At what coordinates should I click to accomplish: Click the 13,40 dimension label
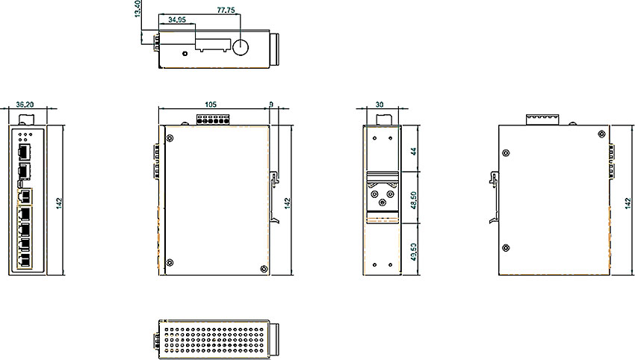[x=137, y=13]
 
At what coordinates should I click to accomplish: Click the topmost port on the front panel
[x=23, y=152]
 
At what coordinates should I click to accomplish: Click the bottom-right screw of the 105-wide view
[x=262, y=269]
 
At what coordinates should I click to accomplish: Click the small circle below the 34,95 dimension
[x=184, y=52]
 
